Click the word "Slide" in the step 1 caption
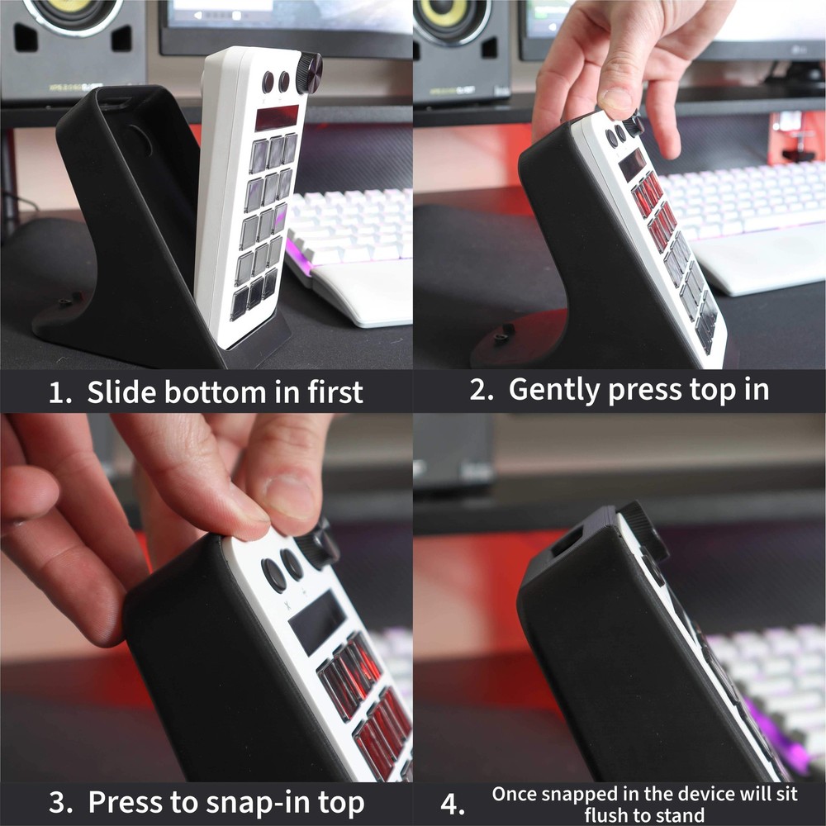(x=121, y=392)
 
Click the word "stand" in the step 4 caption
(x=681, y=816)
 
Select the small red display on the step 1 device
(x=276, y=117)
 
